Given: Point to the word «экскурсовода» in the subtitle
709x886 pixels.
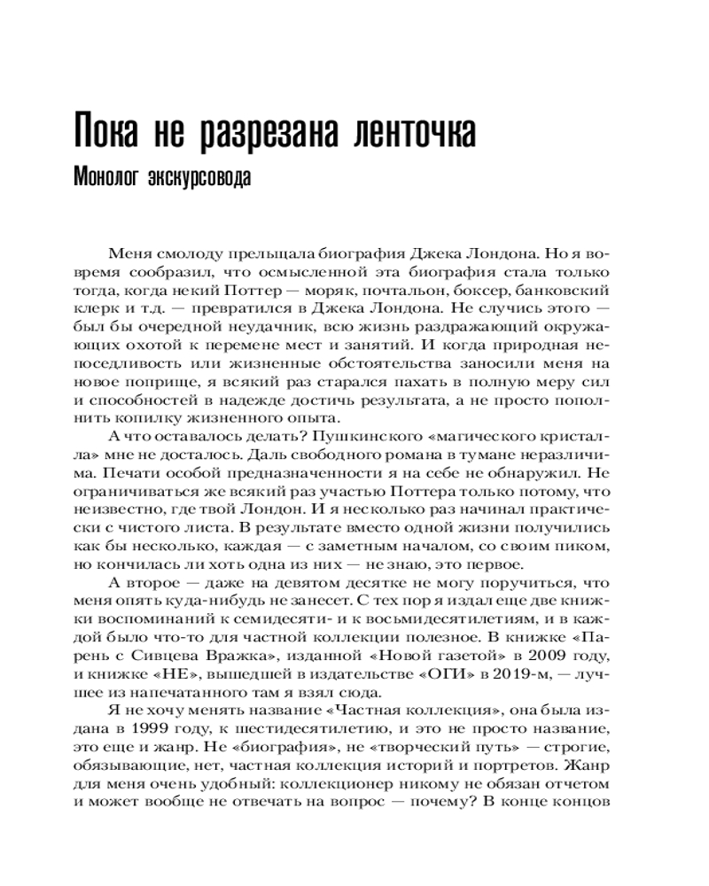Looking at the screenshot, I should pos(199,176).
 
